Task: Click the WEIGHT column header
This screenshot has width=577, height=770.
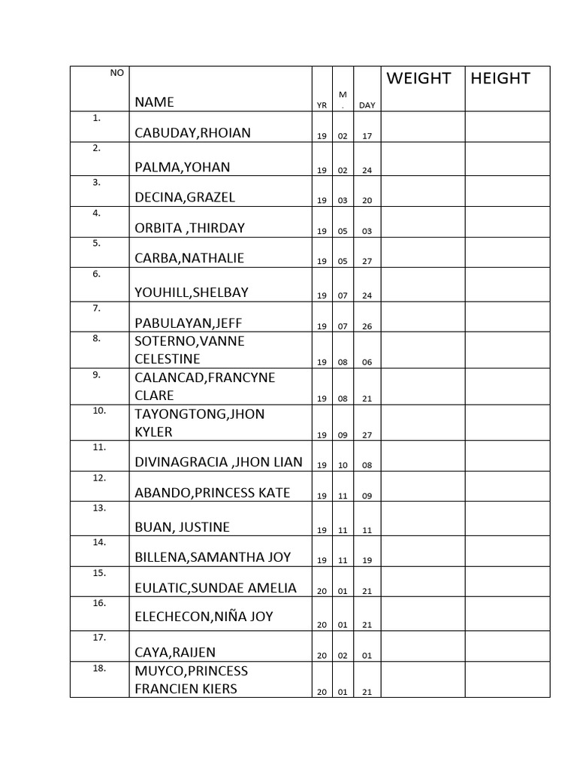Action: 418,78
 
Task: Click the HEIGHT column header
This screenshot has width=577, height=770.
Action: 500,78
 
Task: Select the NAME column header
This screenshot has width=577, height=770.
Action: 154,102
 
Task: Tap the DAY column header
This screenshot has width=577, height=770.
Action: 367,105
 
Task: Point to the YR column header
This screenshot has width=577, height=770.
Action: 322,106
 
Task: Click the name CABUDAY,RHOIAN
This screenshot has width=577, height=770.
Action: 192,133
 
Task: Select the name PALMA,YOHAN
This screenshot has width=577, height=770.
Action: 182,167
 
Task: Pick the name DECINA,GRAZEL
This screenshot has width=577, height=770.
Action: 185,198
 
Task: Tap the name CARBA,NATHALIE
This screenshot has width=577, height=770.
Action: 189,258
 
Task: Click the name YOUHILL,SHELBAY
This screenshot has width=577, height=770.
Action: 191,293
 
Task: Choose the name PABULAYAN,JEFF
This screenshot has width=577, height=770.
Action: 188,323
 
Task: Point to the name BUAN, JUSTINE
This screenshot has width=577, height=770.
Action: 182,526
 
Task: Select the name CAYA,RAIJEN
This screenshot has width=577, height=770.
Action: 175,652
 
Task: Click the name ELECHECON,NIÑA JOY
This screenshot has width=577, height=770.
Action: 203,617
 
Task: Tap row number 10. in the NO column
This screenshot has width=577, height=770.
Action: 99,411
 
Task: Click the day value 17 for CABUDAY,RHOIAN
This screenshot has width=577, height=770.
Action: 367,136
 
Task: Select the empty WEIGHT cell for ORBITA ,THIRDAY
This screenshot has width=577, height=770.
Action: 423,222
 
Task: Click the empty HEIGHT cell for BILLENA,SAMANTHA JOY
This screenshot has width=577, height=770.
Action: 507,550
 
